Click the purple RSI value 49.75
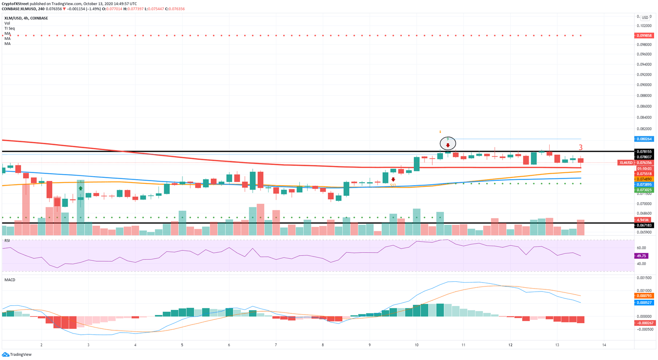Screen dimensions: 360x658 (x=641, y=256)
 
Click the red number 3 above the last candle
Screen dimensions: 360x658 (x=580, y=148)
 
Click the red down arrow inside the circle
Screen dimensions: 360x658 (x=448, y=145)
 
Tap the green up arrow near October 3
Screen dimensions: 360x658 (x=81, y=188)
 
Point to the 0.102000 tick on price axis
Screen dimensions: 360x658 (x=644, y=26)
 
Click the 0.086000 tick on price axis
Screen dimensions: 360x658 (x=644, y=107)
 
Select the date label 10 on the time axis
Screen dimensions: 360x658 (x=416, y=345)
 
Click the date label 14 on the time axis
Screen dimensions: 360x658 (x=604, y=345)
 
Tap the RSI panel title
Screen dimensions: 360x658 (x=7, y=241)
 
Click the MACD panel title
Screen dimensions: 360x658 (x=10, y=280)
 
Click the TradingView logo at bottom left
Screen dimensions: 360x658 (x=17, y=354)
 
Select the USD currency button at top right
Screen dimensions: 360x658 (x=645, y=18)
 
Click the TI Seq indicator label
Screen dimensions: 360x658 (x=9, y=28)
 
